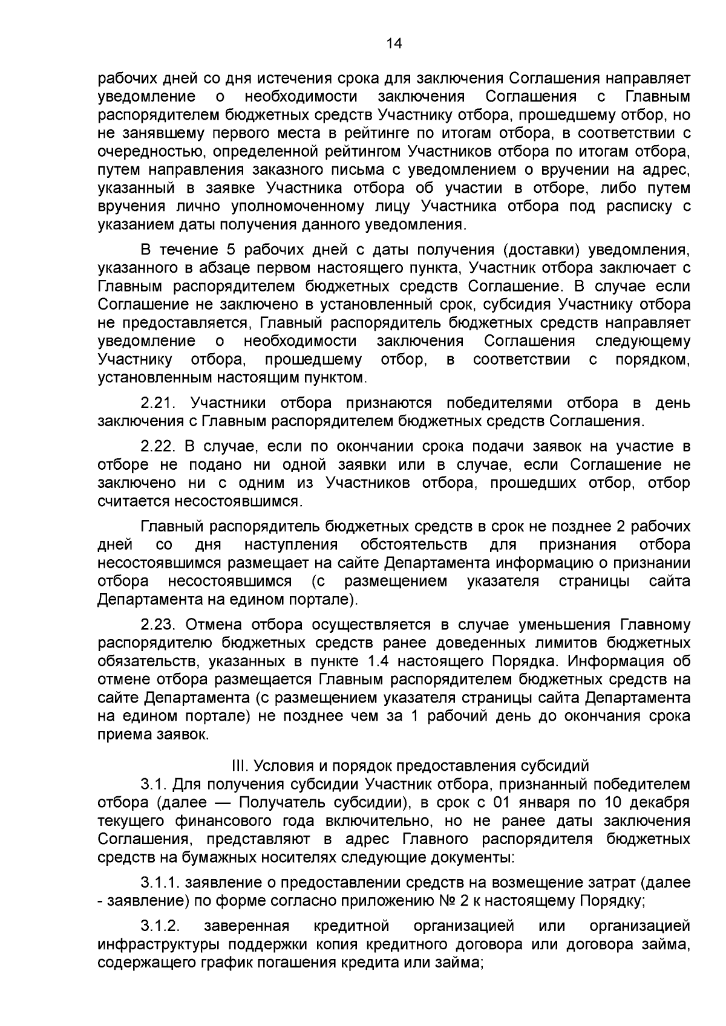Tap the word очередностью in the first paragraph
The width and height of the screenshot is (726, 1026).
coord(137,151)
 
